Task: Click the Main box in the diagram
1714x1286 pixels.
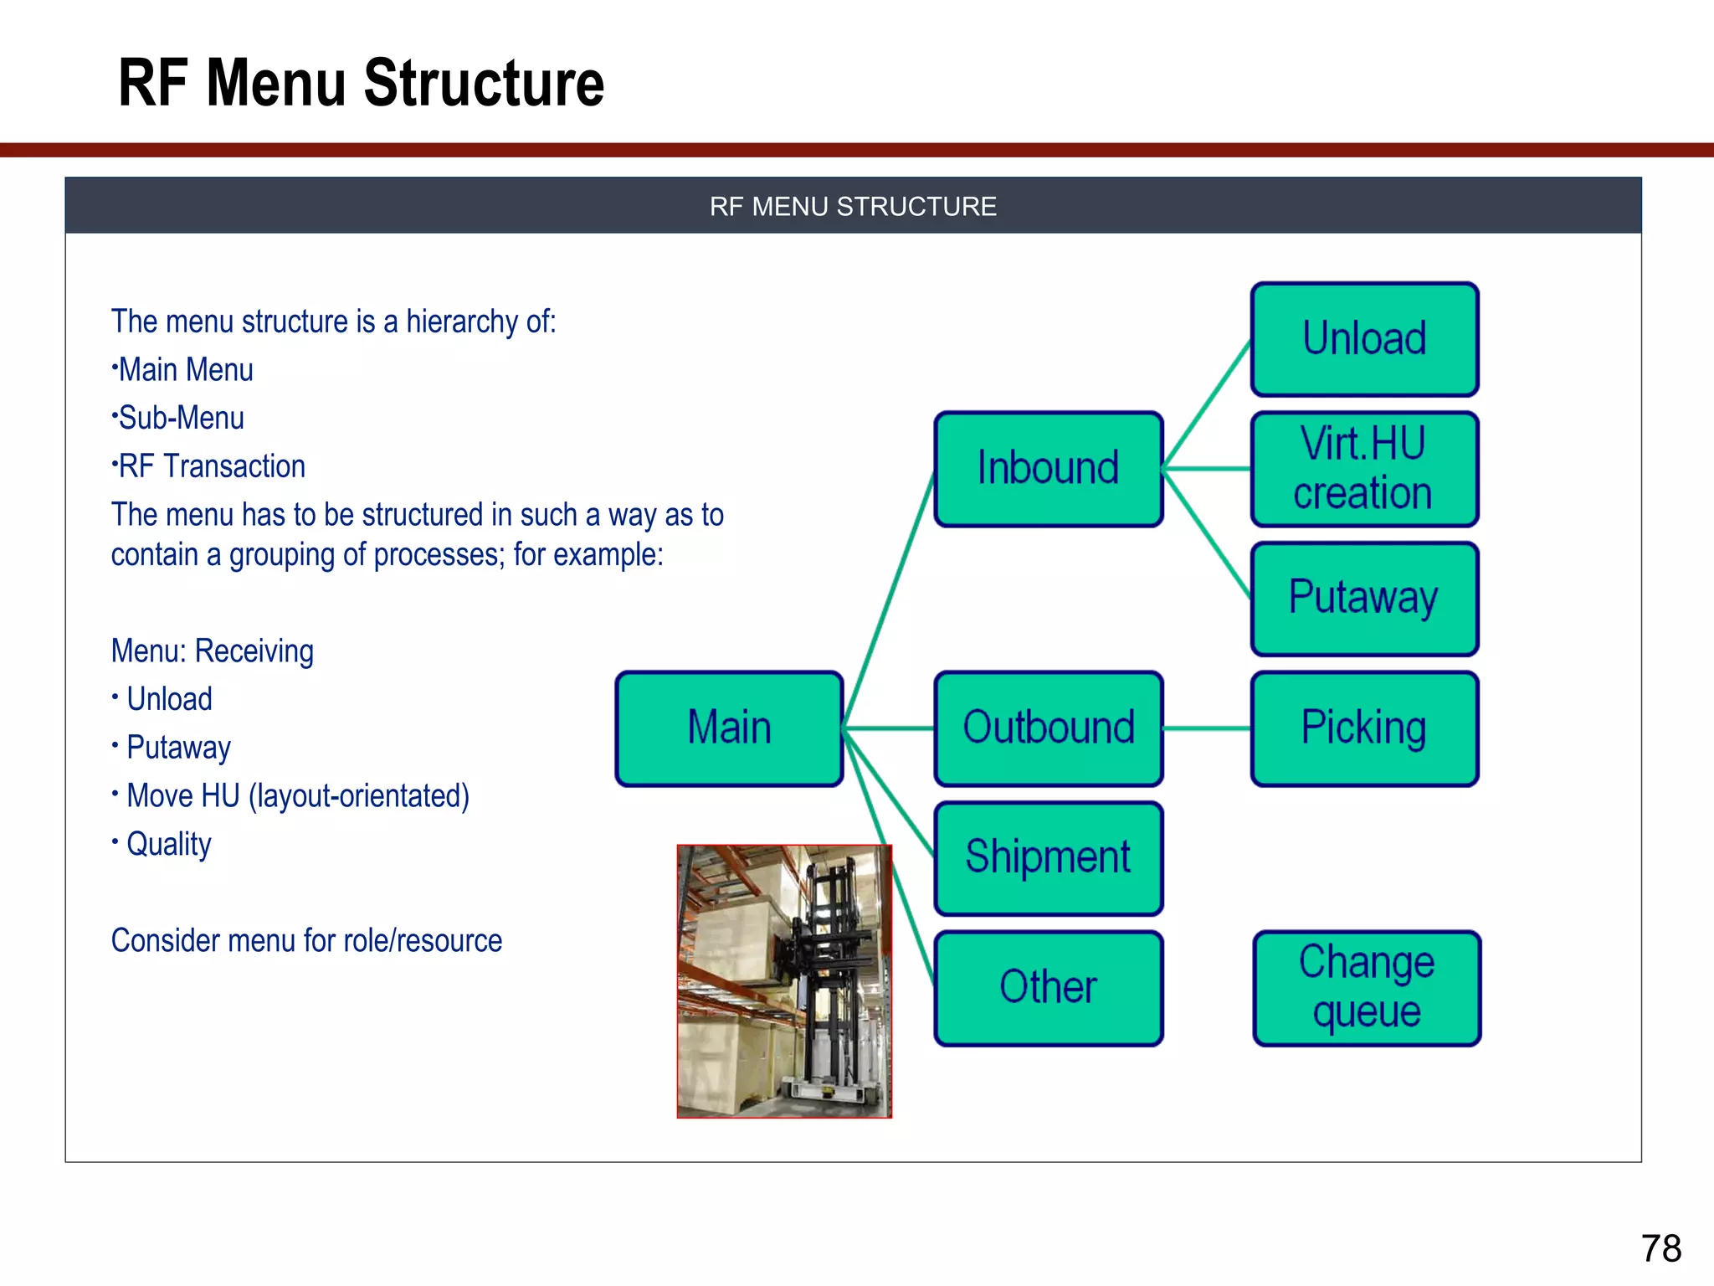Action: [x=729, y=728]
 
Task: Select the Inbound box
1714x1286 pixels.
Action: [x=1048, y=469]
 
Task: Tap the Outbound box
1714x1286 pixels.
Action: [x=1048, y=728]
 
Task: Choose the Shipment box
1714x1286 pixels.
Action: [x=1048, y=858]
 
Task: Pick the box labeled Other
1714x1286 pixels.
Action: [x=1048, y=988]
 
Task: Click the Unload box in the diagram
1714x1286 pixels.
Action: [x=1364, y=339]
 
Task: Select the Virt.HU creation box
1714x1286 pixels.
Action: [x=1364, y=469]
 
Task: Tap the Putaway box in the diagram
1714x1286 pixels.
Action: [x=1364, y=599]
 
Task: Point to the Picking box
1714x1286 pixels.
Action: [x=1364, y=728]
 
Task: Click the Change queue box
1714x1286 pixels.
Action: [x=1367, y=988]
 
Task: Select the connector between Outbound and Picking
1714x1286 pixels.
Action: [x=1207, y=729]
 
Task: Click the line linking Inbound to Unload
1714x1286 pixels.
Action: [x=1207, y=404]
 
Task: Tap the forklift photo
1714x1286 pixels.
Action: [x=784, y=981]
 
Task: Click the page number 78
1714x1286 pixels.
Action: [x=1660, y=1248]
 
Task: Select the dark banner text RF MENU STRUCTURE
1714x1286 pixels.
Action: [x=853, y=207]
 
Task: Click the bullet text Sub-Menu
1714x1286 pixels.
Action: [x=181, y=418]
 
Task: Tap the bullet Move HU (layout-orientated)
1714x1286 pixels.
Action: [x=297, y=796]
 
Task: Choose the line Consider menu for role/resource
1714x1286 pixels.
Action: [x=306, y=941]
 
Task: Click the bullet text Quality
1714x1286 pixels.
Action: [x=168, y=844]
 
